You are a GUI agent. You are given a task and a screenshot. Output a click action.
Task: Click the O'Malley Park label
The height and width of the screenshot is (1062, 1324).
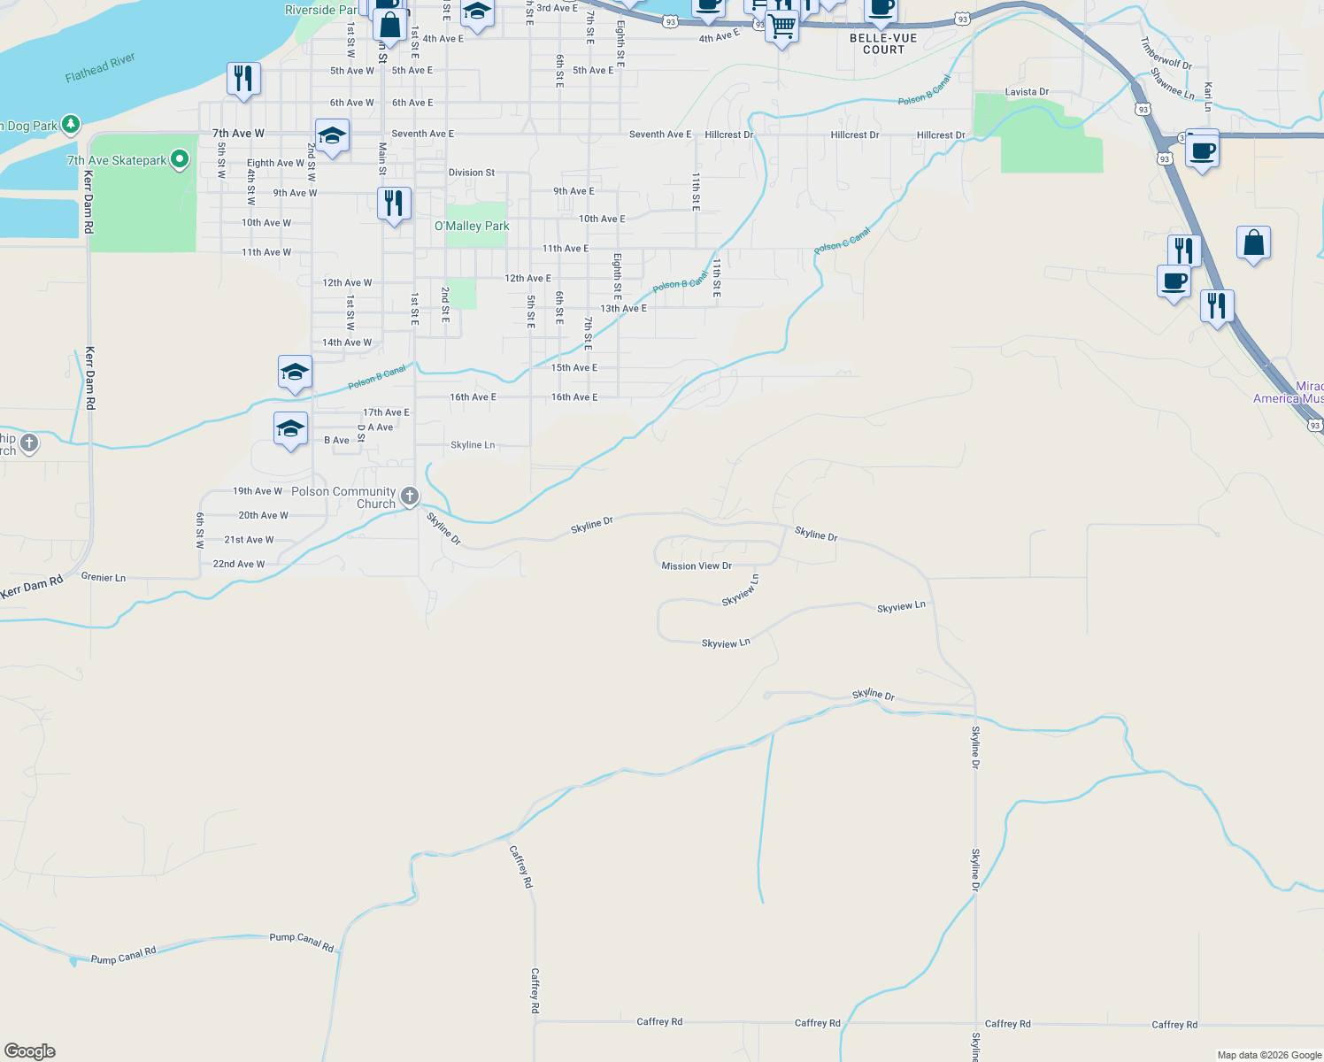pyautogui.click(x=472, y=227)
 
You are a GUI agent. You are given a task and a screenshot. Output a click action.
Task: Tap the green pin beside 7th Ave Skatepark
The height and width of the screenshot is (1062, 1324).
pyautogui.click(x=180, y=159)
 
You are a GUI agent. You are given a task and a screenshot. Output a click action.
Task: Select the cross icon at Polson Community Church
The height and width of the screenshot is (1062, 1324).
pyautogui.click(x=410, y=496)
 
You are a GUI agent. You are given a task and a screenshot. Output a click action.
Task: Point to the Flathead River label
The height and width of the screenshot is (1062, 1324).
pyautogui.click(x=100, y=67)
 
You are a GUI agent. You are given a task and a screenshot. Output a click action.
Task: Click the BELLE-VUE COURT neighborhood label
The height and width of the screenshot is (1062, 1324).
pyautogui.click(x=883, y=44)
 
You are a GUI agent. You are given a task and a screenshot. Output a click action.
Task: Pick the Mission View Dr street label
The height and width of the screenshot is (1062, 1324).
pyautogui.click(x=697, y=566)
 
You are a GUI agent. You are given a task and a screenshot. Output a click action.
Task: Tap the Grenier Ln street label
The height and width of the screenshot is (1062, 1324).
pyautogui.click(x=104, y=577)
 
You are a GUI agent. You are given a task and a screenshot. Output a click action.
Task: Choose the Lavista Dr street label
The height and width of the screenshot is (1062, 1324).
pyautogui.click(x=1027, y=92)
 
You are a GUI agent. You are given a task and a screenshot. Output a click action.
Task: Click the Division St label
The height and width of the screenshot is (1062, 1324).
pyautogui.click(x=472, y=173)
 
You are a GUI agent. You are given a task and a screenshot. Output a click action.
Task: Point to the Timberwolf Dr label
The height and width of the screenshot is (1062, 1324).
pyautogui.click(x=1166, y=53)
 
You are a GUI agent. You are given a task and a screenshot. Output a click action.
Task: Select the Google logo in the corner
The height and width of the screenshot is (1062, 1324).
pyautogui.click(x=30, y=1051)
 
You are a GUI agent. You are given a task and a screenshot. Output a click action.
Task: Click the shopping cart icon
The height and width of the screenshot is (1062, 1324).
pyautogui.click(x=781, y=26)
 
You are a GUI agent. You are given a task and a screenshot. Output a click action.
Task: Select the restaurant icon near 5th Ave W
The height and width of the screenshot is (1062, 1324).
pyautogui.click(x=243, y=78)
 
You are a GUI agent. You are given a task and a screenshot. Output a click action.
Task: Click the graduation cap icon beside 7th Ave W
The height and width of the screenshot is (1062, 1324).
pyautogui.click(x=331, y=136)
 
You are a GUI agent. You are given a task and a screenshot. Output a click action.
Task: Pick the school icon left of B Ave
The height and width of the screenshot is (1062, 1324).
pyautogui.click(x=290, y=429)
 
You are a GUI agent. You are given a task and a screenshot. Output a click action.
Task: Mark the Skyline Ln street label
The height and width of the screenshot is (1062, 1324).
pyautogui.click(x=473, y=445)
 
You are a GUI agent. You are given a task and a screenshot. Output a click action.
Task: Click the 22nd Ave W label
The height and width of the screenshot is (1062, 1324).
pyautogui.click(x=238, y=564)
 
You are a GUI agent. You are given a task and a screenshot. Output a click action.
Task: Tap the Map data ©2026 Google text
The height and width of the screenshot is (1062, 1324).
pyautogui.click(x=1269, y=1055)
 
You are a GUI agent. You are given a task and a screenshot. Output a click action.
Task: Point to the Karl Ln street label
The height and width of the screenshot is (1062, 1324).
pyautogui.click(x=1208, y=96)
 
